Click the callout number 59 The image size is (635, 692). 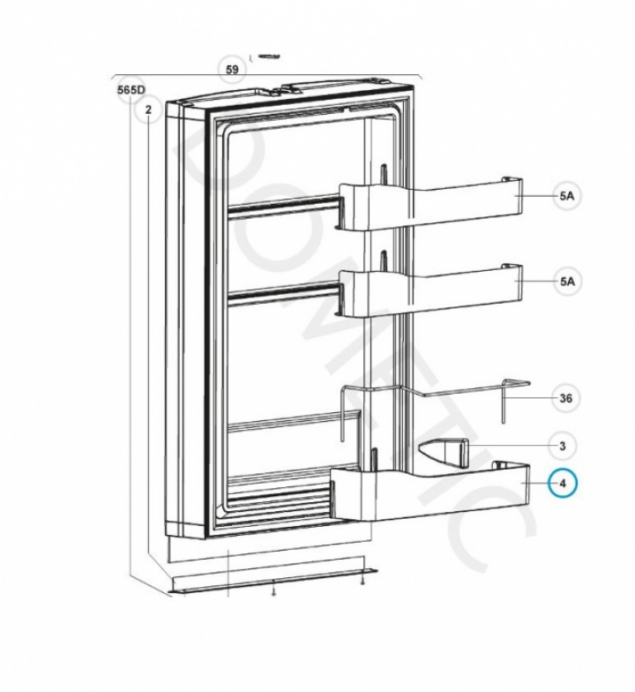[232, 69]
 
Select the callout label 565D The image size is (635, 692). [131, 90]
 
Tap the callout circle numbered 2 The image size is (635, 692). [148, 109]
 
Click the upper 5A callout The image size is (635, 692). [567, 196]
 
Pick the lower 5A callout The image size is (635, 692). [567, 281]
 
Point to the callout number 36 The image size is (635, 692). [566, 399]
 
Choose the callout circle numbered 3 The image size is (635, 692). [563, 447]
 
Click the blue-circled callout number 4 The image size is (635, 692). [563, 484]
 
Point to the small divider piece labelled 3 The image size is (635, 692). [443, 454]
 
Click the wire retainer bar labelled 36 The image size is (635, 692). [436, 410]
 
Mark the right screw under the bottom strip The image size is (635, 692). [362, 581]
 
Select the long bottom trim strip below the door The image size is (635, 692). [273, 581]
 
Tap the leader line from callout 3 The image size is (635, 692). [508, 446]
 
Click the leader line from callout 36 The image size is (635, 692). [528, 398]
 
